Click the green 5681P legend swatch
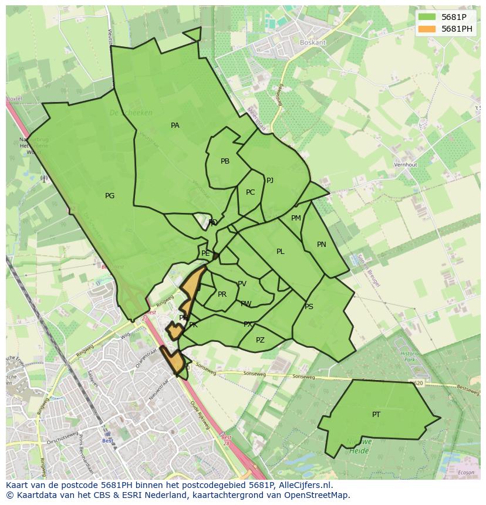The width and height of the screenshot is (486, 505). (x=427, y=17)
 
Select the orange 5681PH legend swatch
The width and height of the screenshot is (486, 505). (x=427, y=29)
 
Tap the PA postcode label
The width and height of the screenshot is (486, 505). (x=175, y=126)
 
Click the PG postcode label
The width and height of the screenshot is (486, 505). (x=110, y=196)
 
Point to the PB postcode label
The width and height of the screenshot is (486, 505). (x=225, y=161)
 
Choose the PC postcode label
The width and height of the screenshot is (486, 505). (x=251, y=192)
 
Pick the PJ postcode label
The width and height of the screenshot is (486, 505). (x=270, y=181)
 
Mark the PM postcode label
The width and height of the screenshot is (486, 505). (x=296, y=218)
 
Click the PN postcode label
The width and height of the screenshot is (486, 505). (x=322, y=245)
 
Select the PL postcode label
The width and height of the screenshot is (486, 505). (x=281, y=252)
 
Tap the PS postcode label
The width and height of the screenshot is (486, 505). (x=309, y=307)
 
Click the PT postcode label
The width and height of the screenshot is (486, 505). (x=376, y=415)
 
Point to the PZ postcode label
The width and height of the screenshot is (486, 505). (x=260, y=340)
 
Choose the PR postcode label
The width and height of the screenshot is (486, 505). (x=222, y=294)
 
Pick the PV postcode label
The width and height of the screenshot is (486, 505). (x=242, y=284)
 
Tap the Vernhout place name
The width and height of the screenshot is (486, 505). (x=406, y=165)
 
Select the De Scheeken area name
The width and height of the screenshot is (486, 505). (x=131, y=113)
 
